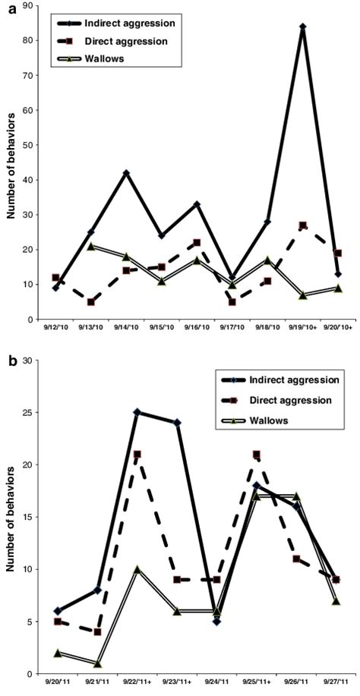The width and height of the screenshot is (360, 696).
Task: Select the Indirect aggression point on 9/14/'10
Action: click(x=126, y=173)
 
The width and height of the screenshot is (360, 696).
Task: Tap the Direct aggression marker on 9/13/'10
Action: click(x=91, y=301)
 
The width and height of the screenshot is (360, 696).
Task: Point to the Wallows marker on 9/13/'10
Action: click(x=91, y=246)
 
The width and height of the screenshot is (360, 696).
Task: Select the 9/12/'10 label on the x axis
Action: click(x=55, y=330)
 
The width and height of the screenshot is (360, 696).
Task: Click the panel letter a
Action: click(x=6, y=7)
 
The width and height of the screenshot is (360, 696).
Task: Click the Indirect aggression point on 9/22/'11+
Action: click(x=137, y=412)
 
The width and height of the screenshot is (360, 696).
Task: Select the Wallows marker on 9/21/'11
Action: click(x=98, y=663)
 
